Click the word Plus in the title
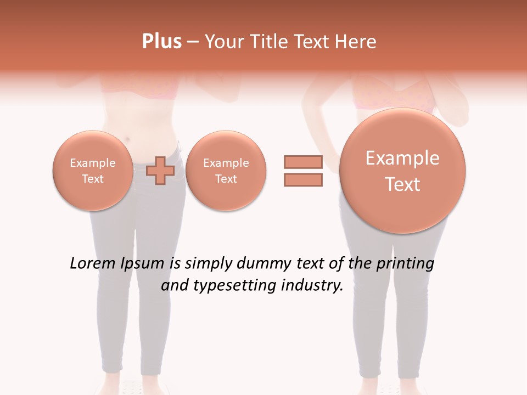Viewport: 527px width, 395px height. point(161,42)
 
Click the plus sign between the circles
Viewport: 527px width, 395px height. point(160,171)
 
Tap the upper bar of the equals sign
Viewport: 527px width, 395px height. point(303,162)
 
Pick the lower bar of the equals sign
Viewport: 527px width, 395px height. point(303,180)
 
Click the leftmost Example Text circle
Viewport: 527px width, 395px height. point(92,171)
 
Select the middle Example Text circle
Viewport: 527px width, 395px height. point(226,171)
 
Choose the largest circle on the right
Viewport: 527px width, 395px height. point(402,171)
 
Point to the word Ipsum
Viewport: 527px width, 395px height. point(143,264)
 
